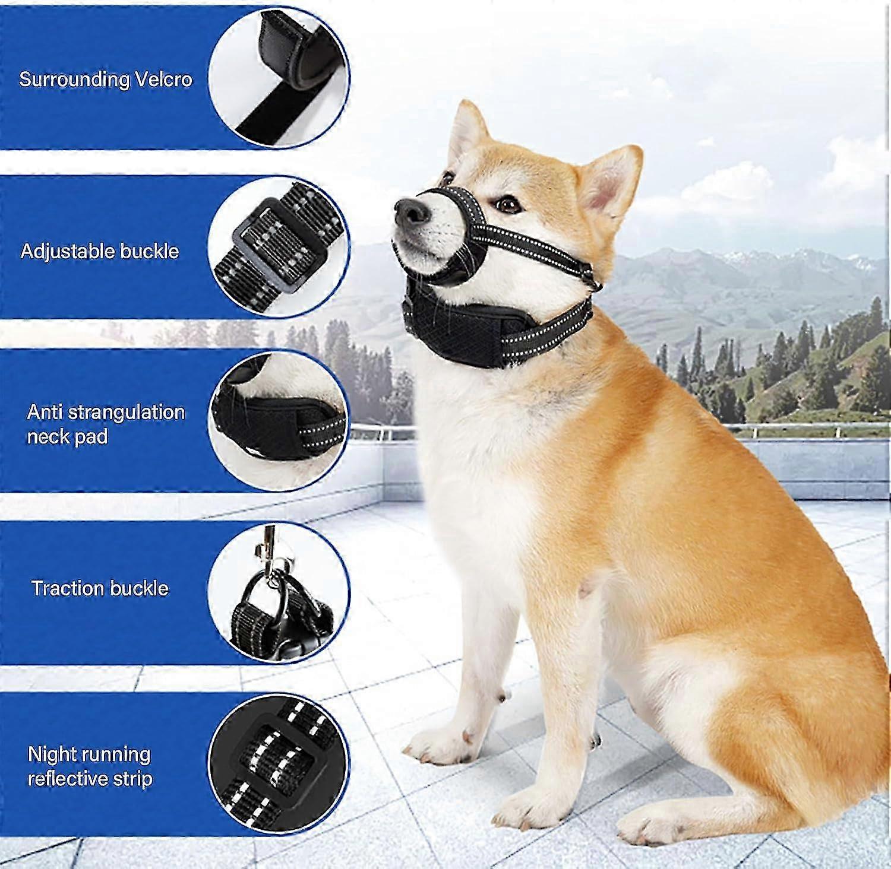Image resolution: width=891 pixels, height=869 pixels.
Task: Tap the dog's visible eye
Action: (x=507, y=205)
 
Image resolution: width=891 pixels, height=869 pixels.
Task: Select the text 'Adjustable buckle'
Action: (x=100, y=252)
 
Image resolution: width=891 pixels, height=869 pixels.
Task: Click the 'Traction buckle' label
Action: (x=100, y=588)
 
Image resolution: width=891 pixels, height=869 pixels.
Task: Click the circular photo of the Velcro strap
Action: (x=279, y=78)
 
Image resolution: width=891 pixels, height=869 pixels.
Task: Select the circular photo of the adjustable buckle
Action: (x=279, y=248)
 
